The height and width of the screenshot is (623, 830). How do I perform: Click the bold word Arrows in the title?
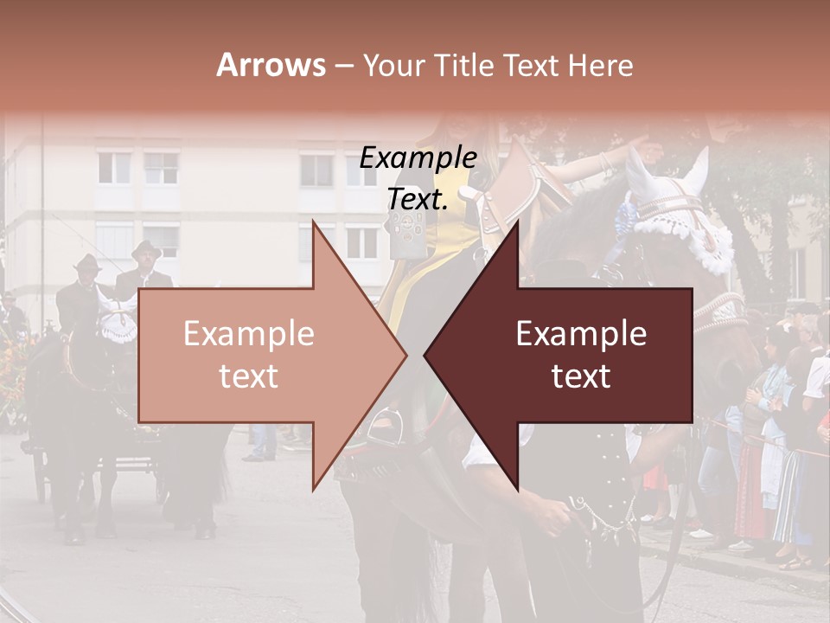pyautogui.click(x=271, y=65)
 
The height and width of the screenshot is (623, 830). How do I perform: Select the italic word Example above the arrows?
pyautogui.click(x=418, y=158)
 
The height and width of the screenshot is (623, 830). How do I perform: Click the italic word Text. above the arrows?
pyautogui.click(x=418, y=200)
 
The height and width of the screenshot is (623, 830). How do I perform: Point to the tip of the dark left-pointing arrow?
pyautogui.click(x=425, y=355)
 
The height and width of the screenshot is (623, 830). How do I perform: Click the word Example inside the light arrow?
pyautogui.click(x=248, y=334)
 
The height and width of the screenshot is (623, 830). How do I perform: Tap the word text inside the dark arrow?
pyautogui.click(x=581, y=376)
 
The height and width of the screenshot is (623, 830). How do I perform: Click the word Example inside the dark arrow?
pyautogui.click(x=581, y=334)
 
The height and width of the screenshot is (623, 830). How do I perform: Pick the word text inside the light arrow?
pyautogui.click(x=248, y=376)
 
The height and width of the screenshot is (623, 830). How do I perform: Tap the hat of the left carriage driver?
pyautogui.click(x=86, y=261)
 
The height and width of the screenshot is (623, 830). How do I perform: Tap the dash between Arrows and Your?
pyautogui.click(x=343, y=66)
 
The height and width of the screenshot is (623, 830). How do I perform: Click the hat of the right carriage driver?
pyautogui.click(x=145, y=249)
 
